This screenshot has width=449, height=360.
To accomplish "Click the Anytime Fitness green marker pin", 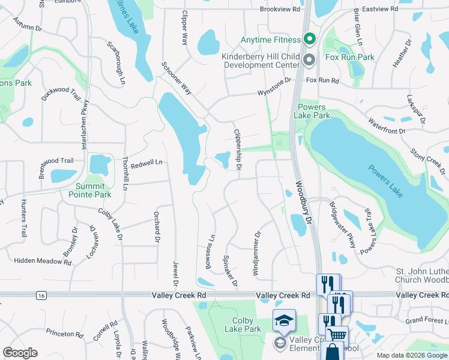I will click(310, 40).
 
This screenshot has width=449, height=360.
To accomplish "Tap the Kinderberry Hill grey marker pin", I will click(310, 60).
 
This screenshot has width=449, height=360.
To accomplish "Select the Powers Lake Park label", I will click(313, 111).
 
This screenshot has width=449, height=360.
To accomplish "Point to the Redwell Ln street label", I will click(147, 163).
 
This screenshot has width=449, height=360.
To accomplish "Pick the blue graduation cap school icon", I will click(284, 320).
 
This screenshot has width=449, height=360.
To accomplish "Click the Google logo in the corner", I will click(20, 353).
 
